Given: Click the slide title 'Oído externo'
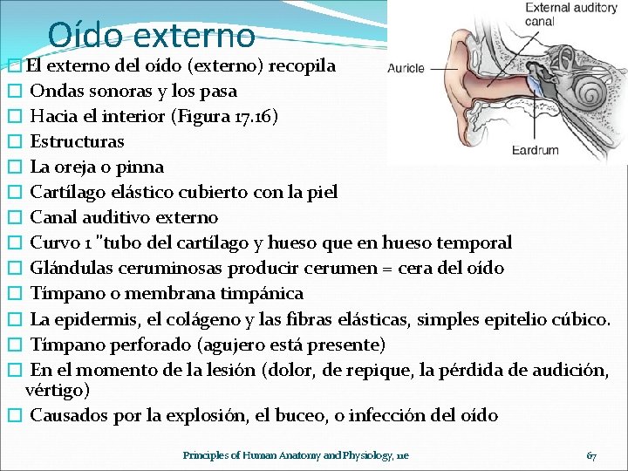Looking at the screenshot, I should tap(152, 34).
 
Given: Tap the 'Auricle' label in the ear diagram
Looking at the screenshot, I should tap(406, 67).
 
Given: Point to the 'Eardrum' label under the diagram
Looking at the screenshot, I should tap(536, 150).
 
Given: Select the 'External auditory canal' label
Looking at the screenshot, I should tap(570, 14).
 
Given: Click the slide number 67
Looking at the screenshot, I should tap(591, 455).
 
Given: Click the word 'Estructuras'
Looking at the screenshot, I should tap(77, 141).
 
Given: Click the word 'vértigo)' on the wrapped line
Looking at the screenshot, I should tap(58, 390).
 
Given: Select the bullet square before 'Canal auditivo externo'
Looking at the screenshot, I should tap(12, 218).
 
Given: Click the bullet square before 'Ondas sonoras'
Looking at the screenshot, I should tap(12, 92).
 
